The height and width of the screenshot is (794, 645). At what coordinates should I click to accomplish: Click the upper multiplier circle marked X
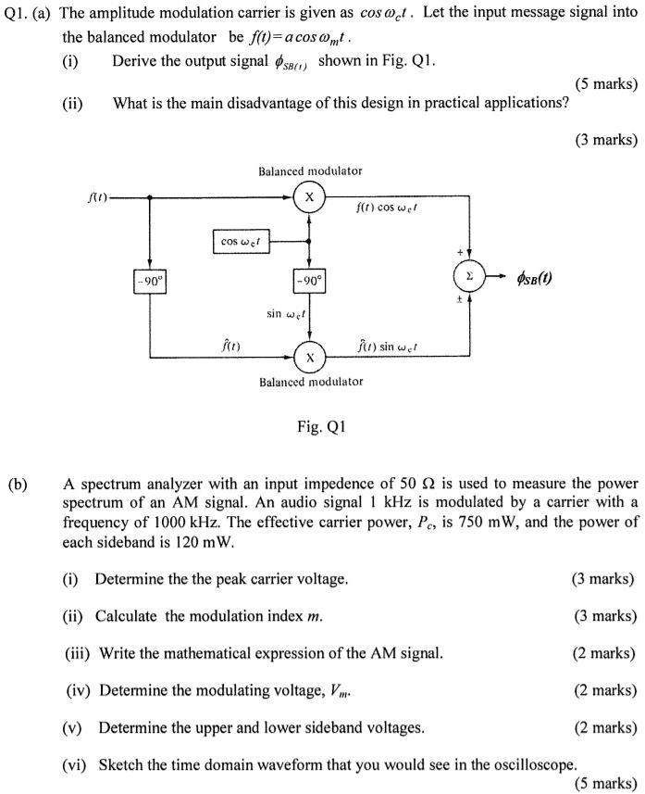click(309, 197)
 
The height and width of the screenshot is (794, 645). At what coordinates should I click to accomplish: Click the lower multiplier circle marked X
click(309, 357)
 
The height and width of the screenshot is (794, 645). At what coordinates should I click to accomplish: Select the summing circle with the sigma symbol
click(469, 276)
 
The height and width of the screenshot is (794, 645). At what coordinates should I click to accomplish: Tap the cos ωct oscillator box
click(240, 242)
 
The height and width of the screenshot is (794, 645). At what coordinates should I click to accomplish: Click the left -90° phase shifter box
click(150, 279)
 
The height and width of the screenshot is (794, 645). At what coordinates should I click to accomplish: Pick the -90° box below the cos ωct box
click(309, 279)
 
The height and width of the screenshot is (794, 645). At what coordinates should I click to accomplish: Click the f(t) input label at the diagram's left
click(97, 197)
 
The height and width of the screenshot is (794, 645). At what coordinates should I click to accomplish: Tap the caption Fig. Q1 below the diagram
click(321, 427)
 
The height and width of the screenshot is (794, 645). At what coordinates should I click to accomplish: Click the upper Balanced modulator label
click(311, 171)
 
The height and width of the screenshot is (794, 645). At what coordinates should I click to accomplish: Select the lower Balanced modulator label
click(311, 382)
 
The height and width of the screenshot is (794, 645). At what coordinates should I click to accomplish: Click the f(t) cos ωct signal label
click(386, 208)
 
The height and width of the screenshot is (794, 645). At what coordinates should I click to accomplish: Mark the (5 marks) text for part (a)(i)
click(606, 83)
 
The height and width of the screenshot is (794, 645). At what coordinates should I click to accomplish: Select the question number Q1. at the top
click(17, 16)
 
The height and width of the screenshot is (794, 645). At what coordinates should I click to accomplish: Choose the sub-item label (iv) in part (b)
click(79, 690)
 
